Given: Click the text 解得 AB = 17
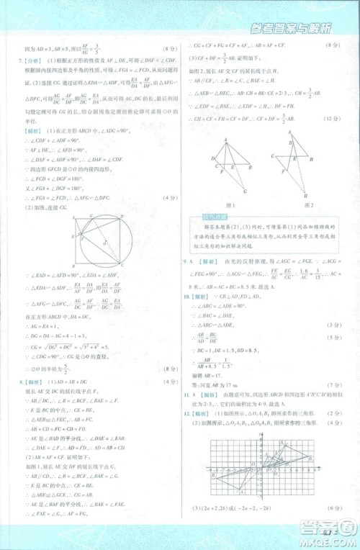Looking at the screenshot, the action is pyautogui.click(x=210, y=377).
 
